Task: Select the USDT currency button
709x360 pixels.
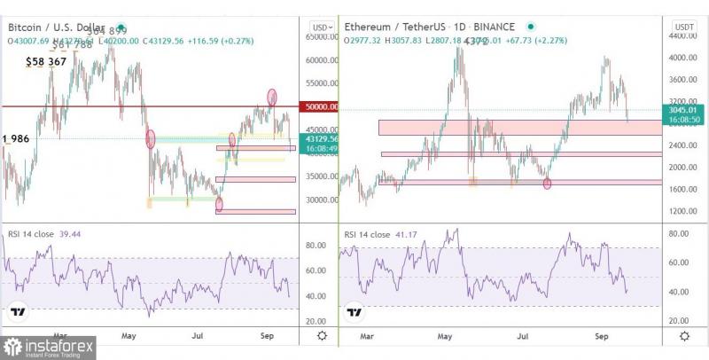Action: (683, 27)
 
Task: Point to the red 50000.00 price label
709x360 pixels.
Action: (321, 106)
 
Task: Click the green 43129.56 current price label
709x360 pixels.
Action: (321, 139)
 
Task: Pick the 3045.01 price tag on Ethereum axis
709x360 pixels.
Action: (683, 110)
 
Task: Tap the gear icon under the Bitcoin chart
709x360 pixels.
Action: (321, 336)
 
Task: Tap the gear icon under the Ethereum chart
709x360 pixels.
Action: (684, 336)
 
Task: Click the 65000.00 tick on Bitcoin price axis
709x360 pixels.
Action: (321, 37)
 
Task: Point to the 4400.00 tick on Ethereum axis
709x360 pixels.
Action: (683, 36)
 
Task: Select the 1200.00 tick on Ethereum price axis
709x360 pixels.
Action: (683, 211)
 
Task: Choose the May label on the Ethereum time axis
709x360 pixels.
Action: (446, 337)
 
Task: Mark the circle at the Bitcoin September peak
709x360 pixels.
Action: (272, 96)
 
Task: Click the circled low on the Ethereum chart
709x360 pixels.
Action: (547, 184)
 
